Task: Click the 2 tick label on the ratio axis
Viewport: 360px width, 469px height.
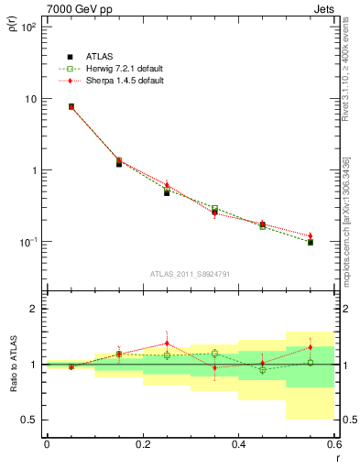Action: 34,310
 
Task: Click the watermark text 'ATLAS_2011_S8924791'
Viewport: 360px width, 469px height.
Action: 191,273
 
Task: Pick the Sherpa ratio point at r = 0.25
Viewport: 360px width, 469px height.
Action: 167,344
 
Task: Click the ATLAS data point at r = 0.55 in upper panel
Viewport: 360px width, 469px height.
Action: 311,243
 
